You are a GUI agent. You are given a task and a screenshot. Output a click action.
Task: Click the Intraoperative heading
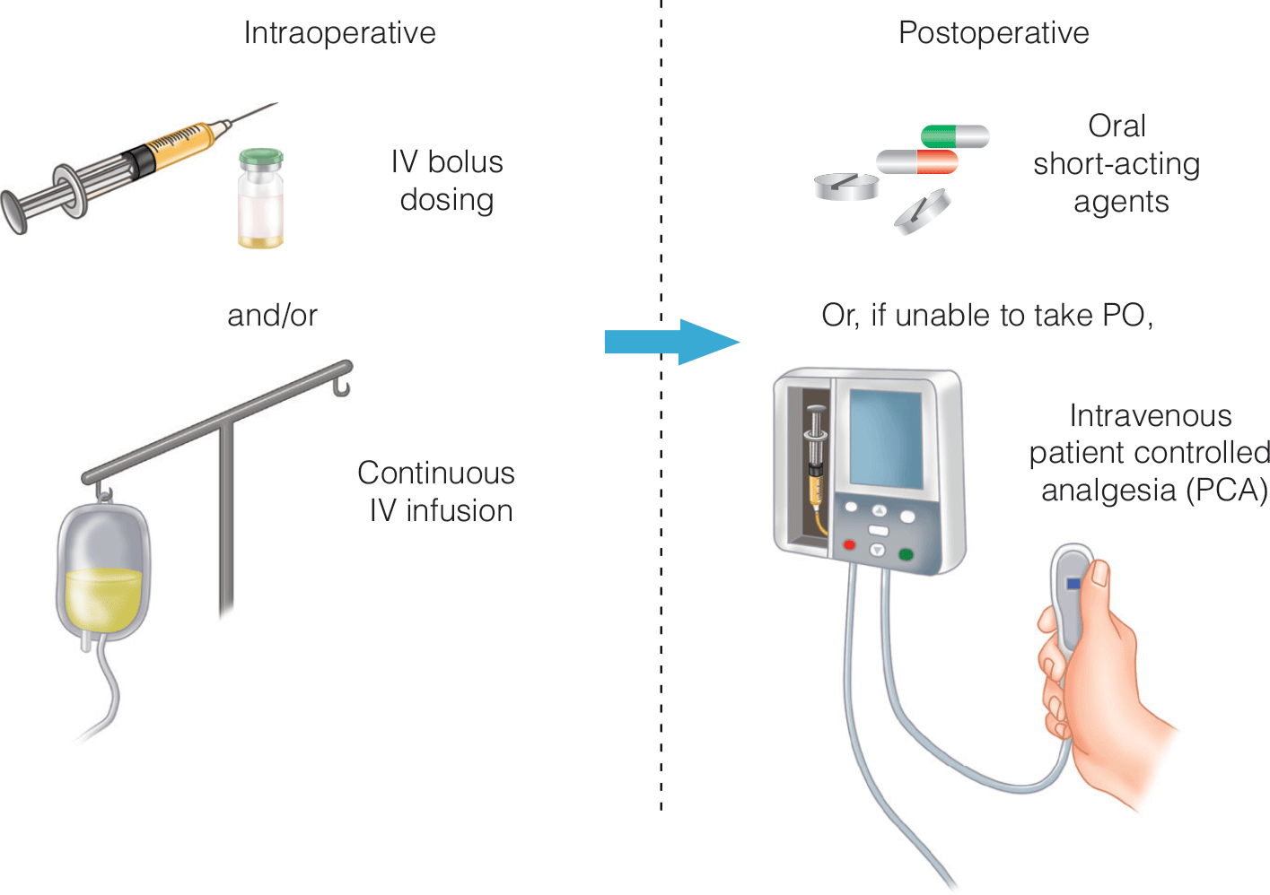pos(339,33)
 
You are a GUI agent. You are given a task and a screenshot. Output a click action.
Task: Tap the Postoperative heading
pos(994,33)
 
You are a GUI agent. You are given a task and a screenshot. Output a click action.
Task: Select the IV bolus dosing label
pos(447,180)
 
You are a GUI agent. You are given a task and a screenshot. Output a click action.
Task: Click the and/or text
pos(272,316)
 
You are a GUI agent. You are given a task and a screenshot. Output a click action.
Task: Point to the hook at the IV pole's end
pos(342,387)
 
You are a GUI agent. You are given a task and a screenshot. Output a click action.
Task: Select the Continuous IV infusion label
pos(438,491)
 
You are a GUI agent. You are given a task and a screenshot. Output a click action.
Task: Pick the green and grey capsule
pos(954,136)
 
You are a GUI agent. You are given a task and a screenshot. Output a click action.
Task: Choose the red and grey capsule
pos(917,162)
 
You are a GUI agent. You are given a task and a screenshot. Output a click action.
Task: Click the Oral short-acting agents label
pos(1117,164)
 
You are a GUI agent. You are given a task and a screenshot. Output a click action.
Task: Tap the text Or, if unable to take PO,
pos(987,316)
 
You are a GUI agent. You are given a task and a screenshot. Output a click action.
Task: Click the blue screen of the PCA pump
pos(886,438)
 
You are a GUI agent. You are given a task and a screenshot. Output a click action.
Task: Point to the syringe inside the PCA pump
pos(816,466)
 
